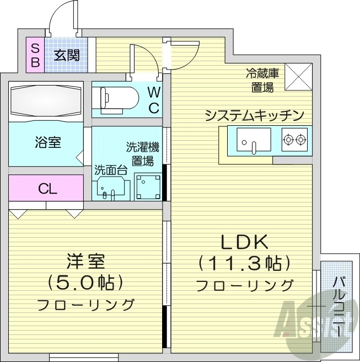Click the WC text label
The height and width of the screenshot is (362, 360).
point(154,100)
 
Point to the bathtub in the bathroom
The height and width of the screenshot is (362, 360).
point(46,100)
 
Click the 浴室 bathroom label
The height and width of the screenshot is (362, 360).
point(47,142)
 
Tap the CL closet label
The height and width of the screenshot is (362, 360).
point(47,189)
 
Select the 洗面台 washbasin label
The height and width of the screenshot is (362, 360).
point(111,170)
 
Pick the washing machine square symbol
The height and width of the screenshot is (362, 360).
point(148,188)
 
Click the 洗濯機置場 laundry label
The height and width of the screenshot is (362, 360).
point(142,154)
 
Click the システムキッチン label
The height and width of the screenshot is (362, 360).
point(254,115)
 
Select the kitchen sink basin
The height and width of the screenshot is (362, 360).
point(254,140)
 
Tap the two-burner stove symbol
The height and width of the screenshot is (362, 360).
point(294,140)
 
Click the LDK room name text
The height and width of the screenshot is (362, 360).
point(244,242)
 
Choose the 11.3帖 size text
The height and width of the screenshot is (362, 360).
point(244,262)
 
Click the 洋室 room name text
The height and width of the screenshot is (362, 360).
point(85,260)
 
